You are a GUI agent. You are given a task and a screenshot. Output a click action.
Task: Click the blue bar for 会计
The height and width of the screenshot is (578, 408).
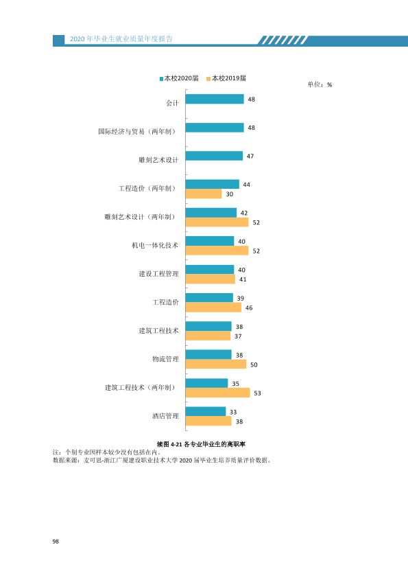215,99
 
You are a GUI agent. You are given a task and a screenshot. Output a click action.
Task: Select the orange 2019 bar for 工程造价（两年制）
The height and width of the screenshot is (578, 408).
204,194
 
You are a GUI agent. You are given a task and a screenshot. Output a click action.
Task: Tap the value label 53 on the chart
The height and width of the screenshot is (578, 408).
257,393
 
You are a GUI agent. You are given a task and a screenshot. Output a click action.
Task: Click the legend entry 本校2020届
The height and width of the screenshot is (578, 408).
179,78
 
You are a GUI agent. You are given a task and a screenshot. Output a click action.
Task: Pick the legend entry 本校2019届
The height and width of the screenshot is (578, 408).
226,78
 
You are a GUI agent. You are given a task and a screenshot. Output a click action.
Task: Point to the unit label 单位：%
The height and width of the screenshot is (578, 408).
320,85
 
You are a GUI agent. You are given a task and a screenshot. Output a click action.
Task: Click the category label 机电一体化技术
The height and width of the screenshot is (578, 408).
155,246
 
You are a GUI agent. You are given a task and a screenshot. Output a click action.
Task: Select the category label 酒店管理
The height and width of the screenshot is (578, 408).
165,416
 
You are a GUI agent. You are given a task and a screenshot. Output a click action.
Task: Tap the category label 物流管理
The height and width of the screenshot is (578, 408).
165,359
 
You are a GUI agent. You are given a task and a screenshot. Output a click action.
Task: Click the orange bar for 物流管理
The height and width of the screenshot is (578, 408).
216,365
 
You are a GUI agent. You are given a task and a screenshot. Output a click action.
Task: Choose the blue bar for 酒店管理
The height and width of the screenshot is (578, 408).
206,411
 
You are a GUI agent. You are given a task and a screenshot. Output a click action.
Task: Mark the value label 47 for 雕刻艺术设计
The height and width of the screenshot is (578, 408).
250,157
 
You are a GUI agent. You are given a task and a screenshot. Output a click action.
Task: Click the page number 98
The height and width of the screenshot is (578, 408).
56,542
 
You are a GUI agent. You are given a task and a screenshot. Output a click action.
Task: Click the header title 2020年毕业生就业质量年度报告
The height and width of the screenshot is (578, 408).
121,39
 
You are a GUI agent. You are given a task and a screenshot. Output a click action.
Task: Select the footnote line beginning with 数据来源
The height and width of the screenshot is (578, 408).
162,460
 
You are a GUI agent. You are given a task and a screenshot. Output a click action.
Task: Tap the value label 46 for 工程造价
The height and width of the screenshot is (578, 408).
249,308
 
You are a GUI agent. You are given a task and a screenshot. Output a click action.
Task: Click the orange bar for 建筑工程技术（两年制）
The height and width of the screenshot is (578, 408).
217,393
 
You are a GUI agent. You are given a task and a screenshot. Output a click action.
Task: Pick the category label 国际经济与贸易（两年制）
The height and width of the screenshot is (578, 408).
138,132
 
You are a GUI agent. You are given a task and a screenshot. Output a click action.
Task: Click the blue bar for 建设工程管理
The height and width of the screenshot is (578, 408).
210,270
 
